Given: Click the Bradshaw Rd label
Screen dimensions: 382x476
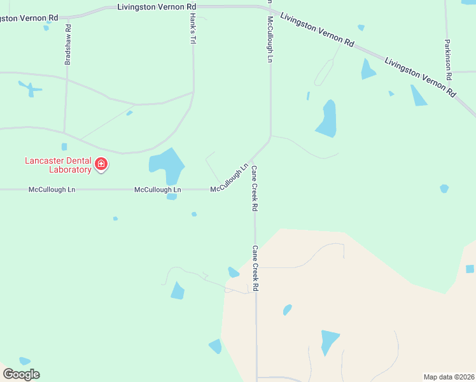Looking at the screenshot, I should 68,45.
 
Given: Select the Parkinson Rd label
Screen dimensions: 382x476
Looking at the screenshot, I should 449,58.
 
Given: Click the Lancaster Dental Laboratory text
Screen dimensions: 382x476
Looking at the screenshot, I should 58,165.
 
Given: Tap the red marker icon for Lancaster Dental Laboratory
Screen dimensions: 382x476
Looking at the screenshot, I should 101,165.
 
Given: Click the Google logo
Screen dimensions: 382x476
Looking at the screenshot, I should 21,374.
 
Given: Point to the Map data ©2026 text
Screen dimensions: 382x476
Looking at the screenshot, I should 449,376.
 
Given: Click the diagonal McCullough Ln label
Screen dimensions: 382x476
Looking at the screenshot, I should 229,179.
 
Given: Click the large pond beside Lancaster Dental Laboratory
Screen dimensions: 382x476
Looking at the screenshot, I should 167,164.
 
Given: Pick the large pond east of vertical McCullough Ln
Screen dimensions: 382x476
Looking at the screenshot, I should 327,119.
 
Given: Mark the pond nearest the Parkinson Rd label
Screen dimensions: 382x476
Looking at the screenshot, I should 417,95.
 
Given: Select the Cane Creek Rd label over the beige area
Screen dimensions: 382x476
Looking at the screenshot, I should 255,268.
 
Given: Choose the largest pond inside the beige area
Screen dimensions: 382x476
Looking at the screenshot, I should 329,340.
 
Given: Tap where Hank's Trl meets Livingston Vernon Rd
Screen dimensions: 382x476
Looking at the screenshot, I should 193,7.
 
